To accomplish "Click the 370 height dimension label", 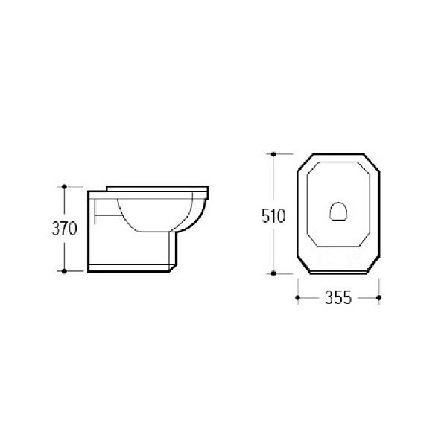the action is coord(64,229).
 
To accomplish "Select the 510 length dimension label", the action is coord(273,216).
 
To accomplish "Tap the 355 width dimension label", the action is coord(338,297).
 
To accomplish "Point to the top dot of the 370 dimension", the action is coord(64,187).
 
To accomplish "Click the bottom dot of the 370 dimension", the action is coord(64,271).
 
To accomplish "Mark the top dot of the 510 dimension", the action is coord(273,154).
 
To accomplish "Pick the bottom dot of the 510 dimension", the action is coord(273,273).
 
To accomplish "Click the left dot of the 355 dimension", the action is coord(298,297).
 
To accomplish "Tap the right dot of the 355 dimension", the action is coord(379,297).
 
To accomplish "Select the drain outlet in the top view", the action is coord(338,211).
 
